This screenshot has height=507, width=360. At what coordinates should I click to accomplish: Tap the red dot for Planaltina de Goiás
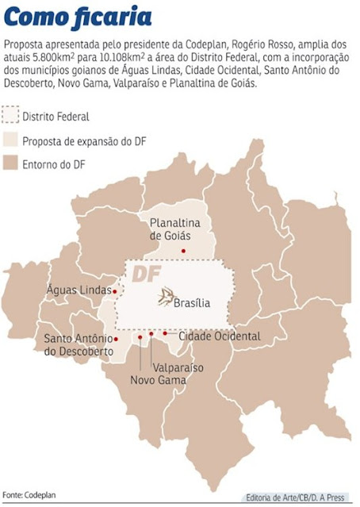(x=184, y=251)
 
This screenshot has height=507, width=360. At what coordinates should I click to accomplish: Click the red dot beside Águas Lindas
(x=115, y=291)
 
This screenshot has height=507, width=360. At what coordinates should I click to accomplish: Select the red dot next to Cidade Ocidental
(x=165, y=334)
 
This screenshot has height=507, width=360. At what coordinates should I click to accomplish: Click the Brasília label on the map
(x=191, y=302)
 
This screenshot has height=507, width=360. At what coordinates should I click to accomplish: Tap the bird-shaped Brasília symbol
(x=163, y=298)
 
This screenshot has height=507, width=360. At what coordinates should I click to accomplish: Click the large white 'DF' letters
(x=147, y=274)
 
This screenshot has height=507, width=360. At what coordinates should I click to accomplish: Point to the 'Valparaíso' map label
(x=177, y=367)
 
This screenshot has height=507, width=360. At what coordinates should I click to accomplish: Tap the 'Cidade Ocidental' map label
(x=219, y=336)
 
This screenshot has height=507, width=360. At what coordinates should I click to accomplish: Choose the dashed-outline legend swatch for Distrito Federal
(x=10, y=117)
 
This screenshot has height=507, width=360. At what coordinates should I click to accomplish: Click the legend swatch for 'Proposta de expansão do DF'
(x=10, y=141)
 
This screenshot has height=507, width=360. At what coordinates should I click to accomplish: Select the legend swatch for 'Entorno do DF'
(x=10, y=164)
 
